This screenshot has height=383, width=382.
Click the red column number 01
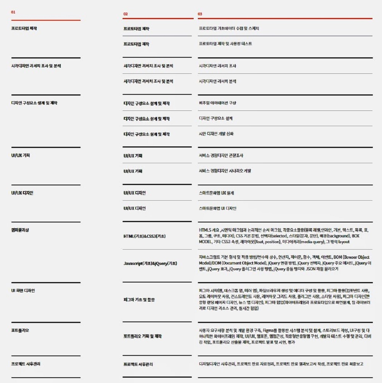point(13,12)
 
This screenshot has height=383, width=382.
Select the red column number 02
point(125,14)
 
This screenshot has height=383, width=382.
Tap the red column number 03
point(200,14)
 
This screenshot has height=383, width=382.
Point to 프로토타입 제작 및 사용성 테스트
point(225,44)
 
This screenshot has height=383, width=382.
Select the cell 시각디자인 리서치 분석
point(217,81)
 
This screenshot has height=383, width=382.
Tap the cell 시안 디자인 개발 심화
point(216,134)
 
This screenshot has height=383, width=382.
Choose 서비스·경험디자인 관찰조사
point(221,156)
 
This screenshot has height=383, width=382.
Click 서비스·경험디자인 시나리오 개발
point(225,171)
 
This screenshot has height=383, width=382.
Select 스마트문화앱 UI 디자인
point(217,208)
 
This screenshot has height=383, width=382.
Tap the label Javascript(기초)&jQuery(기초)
point(151,264)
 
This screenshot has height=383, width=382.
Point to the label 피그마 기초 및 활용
point(139,300)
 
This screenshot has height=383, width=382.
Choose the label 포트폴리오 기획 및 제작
point(142,336)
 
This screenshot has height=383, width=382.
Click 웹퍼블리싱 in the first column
point(20,230)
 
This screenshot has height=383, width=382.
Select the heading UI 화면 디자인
point(23,291)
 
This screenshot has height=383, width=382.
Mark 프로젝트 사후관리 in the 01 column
point(26,364)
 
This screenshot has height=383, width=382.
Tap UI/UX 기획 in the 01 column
point(21,156)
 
